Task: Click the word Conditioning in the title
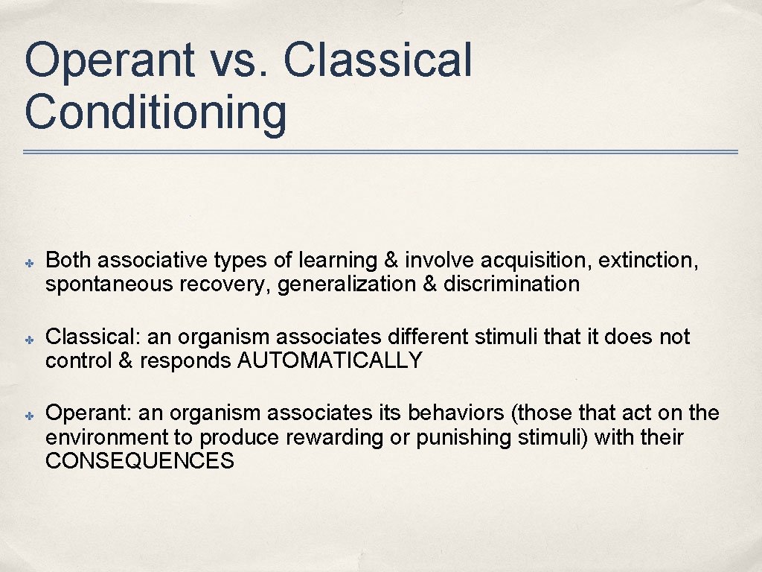(x=155, y=112)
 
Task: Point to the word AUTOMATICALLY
(x=330, y=361)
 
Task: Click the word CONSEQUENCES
(x=140, y=462)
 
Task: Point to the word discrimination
(x=511, y=285)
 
